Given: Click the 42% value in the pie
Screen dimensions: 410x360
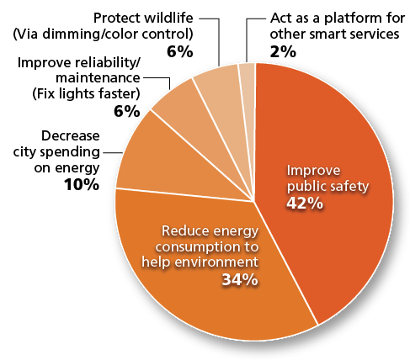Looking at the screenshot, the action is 305,204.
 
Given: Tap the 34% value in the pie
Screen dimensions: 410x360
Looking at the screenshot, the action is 240,279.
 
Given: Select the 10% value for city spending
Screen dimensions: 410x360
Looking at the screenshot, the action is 82,185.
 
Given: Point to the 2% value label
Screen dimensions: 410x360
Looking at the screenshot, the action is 283,52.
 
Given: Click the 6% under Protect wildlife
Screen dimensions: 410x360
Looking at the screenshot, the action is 180,52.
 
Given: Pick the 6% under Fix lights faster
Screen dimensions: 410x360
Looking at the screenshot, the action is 127,111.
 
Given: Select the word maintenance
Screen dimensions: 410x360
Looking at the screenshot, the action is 98,77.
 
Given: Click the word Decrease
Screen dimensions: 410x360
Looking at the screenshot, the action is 71,136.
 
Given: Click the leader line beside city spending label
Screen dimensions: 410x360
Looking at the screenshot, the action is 112,153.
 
